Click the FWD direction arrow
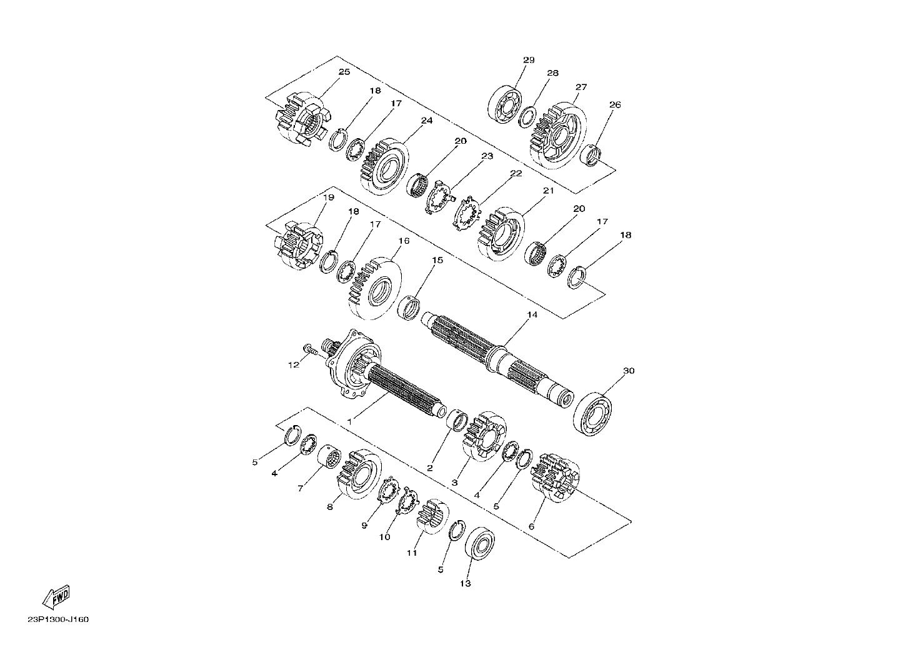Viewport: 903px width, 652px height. (56, 596)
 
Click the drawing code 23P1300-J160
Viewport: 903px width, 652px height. (59, 619)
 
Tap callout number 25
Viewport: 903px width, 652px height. (344, 72)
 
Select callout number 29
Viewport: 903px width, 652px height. (529, 60)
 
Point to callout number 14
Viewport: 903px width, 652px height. (532, 314)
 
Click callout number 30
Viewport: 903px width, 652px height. (629, 371)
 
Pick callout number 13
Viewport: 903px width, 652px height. (465, 583)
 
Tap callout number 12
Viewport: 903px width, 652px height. (294, 365)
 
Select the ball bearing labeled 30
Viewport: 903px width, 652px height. (592, 414)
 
